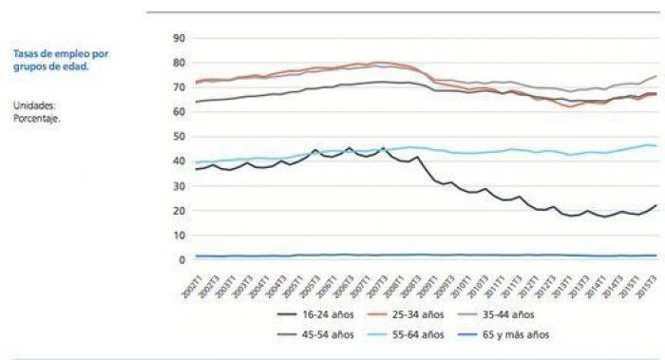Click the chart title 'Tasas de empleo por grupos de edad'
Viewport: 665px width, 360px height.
[61, 61]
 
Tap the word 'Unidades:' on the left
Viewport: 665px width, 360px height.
[34, 105]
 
